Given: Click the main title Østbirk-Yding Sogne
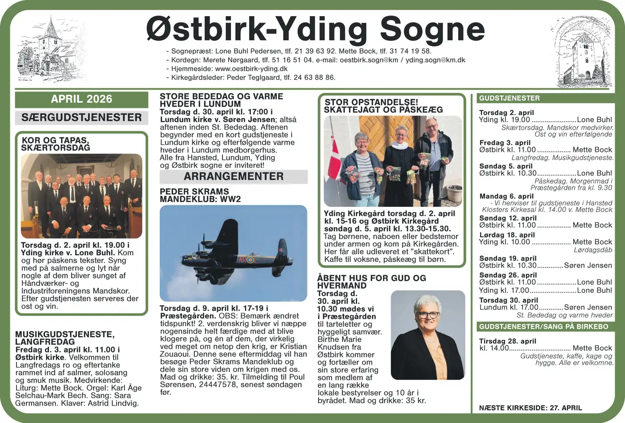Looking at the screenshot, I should (315, 29).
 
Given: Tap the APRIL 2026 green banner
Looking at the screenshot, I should (81, 99).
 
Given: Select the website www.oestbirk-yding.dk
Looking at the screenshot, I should (251, 69).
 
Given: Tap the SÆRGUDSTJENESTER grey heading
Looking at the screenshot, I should (81, 117).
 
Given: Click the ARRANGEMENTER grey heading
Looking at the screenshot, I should (233, 176).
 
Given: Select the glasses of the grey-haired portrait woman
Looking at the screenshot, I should (428, 315).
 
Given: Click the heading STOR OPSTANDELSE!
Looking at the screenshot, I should (371, 102).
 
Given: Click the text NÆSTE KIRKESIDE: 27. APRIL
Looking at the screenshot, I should (530, 408).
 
